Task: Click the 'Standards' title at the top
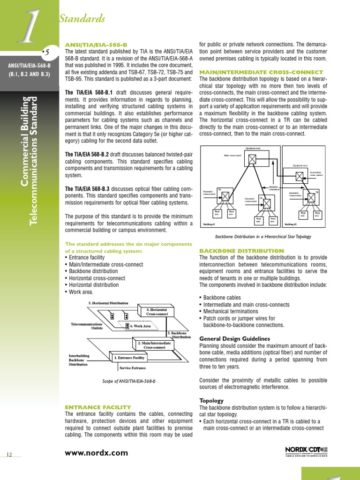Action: click(82, 19)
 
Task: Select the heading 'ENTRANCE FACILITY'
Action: click(98, 407)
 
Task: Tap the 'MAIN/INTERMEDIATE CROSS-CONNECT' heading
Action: click(261, 72)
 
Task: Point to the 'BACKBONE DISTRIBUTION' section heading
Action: click(241, 251)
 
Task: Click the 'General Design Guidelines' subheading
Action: click(235, 339)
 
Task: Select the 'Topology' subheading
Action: click(212, 401)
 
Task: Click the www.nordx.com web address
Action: click(96, 453)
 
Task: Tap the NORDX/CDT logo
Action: click(306, 451)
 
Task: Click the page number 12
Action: click(9, 454)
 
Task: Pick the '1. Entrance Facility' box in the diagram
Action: click(129, 358)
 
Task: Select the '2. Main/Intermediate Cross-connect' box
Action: click(155, 345)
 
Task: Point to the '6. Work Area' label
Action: click(140, 326)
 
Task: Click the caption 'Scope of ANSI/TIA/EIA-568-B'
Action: click(129, 381)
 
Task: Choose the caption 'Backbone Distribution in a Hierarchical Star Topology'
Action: click(263, 237)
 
